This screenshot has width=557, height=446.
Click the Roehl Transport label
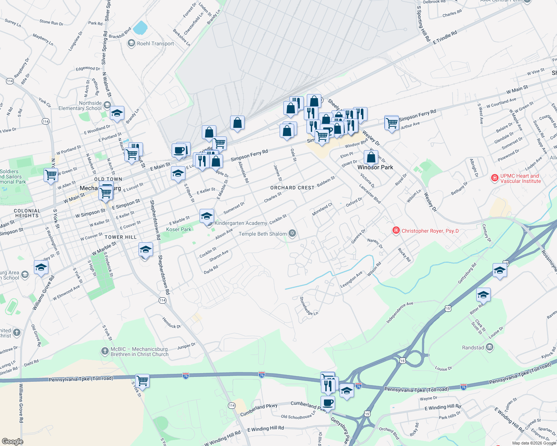pyautogui.click(x=155, y=43)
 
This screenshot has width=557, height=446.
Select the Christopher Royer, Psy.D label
pyautogui.click(x=430, y=231)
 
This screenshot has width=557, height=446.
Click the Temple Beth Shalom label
pyautogui.click(x=262, y=234)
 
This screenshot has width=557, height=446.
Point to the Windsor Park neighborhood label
pyautogui.click(x=375, y=167)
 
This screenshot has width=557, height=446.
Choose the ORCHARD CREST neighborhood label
pyautogui.click(x=292, y=188)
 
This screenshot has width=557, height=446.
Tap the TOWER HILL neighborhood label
pyautogui.click(x=121, y=237)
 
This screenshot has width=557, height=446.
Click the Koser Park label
pyautogui.click(x=179, y=229)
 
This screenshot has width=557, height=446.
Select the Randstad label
pyautogui.click(x=473, y=348)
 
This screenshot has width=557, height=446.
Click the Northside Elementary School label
pyautogui.click(x=80, y=106)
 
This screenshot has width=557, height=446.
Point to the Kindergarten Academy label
pyautogui.click(x=241, y=223)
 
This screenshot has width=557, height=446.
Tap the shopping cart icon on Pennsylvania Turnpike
pyautogui.click(x=142, y=381)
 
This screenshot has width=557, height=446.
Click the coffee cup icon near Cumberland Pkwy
pyautogui.click(x=328, y=403)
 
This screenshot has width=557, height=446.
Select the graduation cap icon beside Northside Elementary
pyautogui.click(x=117, y=113)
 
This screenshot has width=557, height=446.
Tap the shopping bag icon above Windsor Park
pyautogui.click(x=371, y=157)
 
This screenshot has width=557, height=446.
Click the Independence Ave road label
pyautogui.click(x=400, y=313)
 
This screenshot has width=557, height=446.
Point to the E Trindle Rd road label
pyautogui.click(x=445, y=38)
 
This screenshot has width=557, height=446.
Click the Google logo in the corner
pyautogui.click(x=12, y=441)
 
